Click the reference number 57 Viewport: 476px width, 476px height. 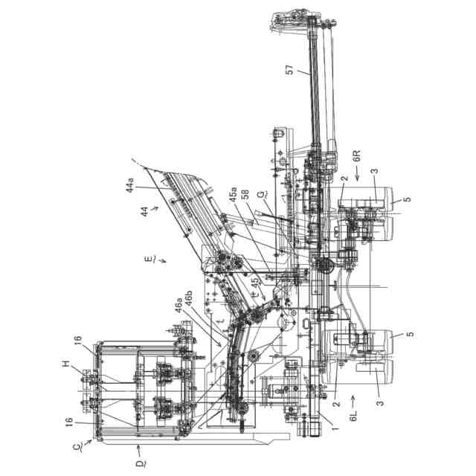(x=290, y=70)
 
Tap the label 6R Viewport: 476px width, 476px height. (x=358, y=155)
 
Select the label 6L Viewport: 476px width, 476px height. (x=353, y=416)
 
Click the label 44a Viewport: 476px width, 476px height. (x=129, y=185)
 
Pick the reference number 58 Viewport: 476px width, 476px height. (x=245, y=194)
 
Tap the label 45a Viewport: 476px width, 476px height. (x=233, y=195)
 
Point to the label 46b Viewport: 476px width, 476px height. (x=188, y=298)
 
